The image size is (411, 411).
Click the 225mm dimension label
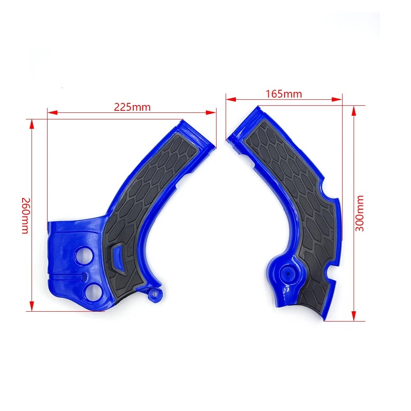pyautogui.click(x=132, y=107)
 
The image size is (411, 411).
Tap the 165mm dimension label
pyautogui.click(x=284, y=94)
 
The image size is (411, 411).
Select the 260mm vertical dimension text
pyautogui.click(x=25, y=215)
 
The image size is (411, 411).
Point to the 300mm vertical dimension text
pyautogui.click(x=360, y=213)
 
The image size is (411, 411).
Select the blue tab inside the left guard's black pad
pyautogui.click(x=120, y=255)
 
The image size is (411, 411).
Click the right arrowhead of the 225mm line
pyautogui.click(x=213, y=111)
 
